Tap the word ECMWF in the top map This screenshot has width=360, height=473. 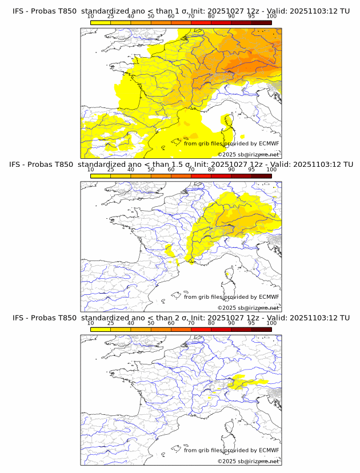269,143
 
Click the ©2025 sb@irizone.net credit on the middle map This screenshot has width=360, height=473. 249,308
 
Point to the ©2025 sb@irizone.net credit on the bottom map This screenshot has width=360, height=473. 249,461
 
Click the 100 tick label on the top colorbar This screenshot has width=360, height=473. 271,17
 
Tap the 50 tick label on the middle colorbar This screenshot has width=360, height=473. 151,170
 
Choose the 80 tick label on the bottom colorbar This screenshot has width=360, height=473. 211,323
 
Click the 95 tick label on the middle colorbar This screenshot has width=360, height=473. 251,170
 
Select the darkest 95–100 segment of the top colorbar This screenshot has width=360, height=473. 261,22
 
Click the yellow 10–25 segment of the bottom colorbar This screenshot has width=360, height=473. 100,329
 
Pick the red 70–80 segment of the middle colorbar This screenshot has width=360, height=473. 201,176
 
